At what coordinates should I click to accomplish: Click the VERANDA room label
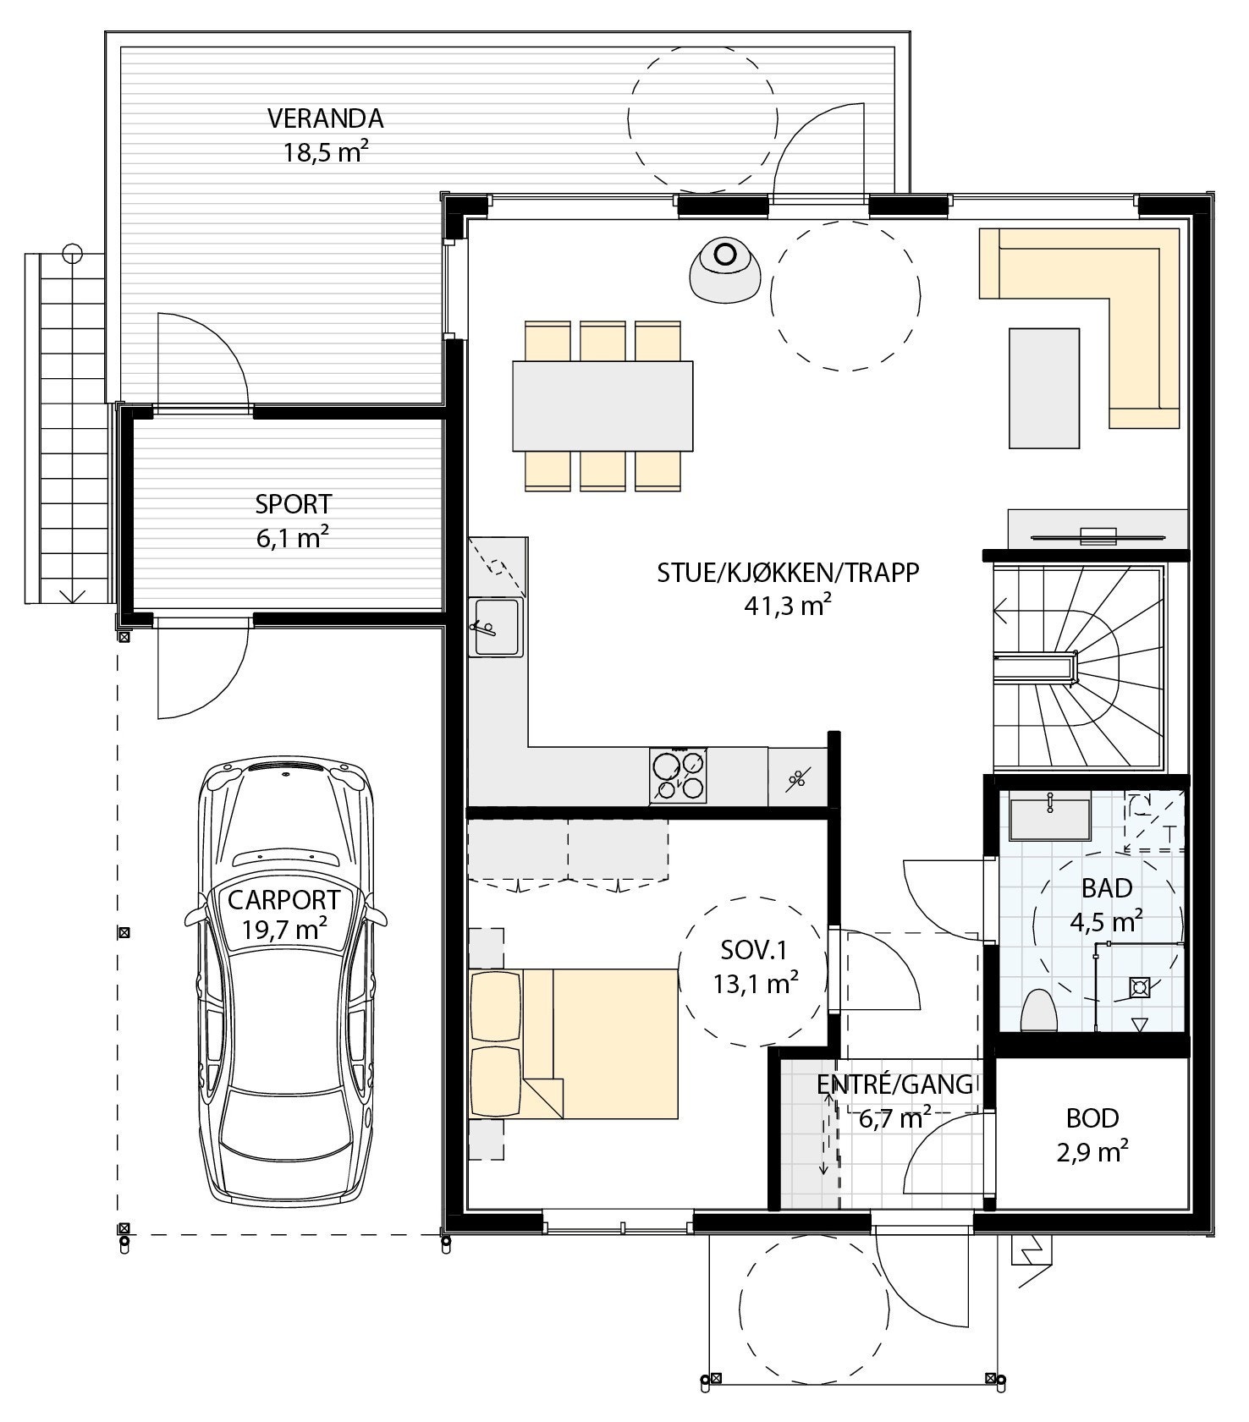[x=325, y=118]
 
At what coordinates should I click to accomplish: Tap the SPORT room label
[x=294, y=504]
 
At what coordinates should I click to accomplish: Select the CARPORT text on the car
[x=283, y=900]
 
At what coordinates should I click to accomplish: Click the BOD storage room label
[x=1092, y=1118]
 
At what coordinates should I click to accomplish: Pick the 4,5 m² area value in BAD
[x=1108, y=920]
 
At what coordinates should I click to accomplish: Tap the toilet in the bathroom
[x=1040, y=1011]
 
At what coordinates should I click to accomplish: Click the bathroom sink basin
[x=1049, y=817]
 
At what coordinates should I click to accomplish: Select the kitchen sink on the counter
[x=497, y=627]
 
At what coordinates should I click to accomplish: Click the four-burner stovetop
[x=678, y=775]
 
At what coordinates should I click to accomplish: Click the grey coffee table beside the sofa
[x=1044, y=388]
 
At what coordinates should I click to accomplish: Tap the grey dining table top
[x=602, y=406]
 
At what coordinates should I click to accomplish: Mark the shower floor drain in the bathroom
[x=1139, y=986]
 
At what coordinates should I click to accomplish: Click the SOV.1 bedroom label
[x=754, y=951]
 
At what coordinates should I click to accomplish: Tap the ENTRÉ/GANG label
[x=895, y=1085]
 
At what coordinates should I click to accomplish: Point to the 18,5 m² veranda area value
[x=325, y=153]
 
